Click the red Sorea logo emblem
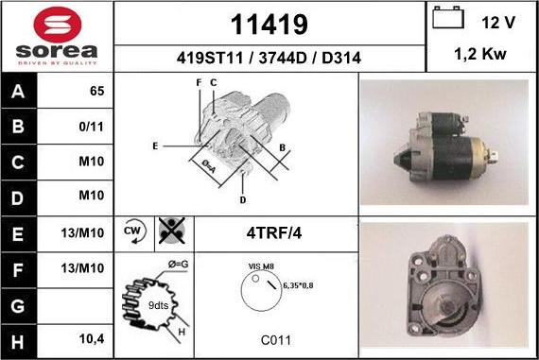[x=58, y=25]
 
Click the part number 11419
[x=269, y=25]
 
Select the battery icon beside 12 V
[x=448, y=18]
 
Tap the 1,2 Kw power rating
[x=480, y=54]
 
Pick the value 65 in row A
[x=97, y=91]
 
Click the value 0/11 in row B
[x=91, y=127]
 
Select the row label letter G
[x=18, y=306]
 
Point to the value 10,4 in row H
[x=92, y=339]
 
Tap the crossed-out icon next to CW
[x=172, y=231]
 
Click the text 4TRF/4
[x=274, y=233]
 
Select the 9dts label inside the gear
[x=158, y=305]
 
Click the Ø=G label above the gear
[x=178, y=265]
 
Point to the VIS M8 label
[x=261, y=266]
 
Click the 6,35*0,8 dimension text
[x=298, y=285]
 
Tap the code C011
[x=276, y=340]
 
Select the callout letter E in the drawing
[x=155, y=146]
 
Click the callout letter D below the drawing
[x=243, y=200]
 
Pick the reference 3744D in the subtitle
[x=282, y=58]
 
